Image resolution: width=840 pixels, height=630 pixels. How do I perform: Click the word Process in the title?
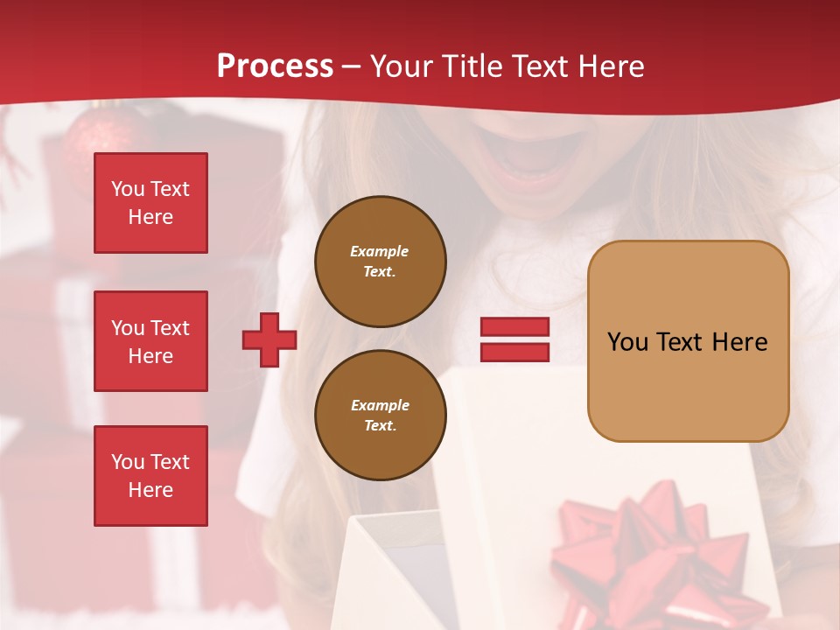click(275, 66)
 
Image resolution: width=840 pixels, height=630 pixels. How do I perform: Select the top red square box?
click(150, 203)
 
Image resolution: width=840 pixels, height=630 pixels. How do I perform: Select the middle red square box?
click(150, 341)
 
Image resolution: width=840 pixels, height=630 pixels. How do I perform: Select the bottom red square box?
click(150, 476)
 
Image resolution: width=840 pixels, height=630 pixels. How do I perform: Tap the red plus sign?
click(269, 339)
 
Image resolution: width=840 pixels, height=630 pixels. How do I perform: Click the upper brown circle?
click(380, 262)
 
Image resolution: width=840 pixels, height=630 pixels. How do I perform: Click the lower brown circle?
click(380, 416)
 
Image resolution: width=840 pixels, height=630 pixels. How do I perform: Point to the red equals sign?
click(514, 339)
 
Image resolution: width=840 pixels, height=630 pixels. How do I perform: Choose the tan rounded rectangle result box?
click(688, 341)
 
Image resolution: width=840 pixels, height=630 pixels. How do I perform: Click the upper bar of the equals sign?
click(514, 327)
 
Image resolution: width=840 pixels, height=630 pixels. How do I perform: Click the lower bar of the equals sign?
click(514, 352)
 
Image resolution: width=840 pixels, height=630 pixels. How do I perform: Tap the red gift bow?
click(647, 542)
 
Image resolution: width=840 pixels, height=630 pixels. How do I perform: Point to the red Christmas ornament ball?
click(101, 140)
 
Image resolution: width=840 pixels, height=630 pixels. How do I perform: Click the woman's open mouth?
click(525, 162)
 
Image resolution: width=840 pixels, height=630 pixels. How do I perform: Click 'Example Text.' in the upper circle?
click(380, 262)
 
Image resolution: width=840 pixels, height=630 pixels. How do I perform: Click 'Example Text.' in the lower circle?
click(380, 416)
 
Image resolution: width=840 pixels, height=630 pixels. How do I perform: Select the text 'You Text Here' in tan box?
click(688, 342)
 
